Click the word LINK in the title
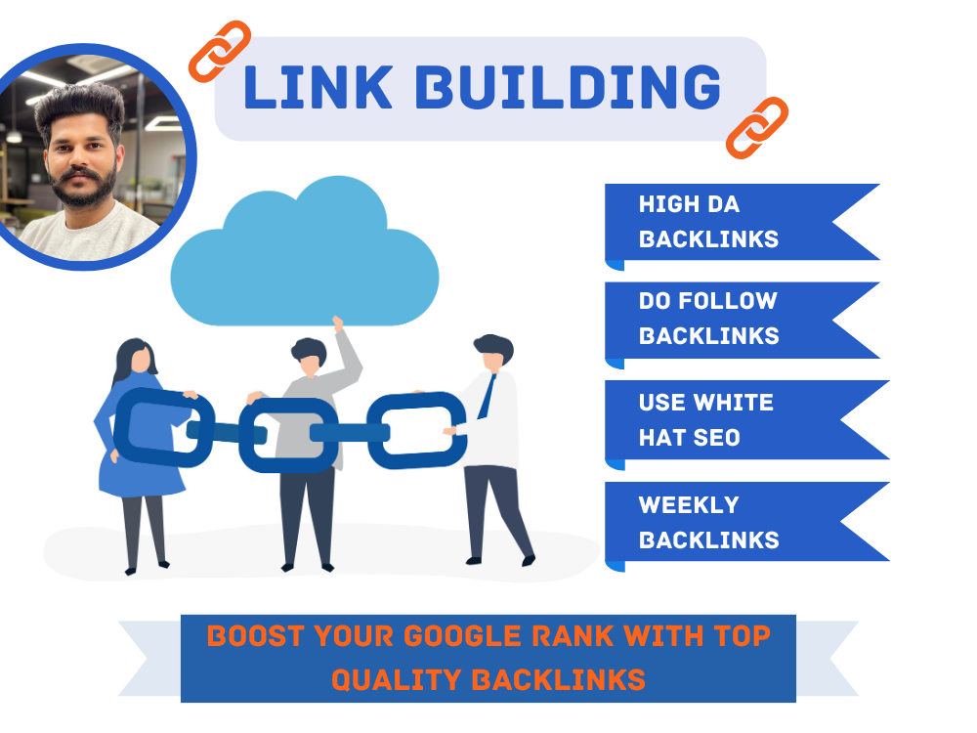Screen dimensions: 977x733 pyautogui.click(x=318, y=87)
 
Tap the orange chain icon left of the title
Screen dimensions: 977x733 pyautogui.click(x=219, y=51)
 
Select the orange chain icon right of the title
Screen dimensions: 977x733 pyautogui.click(x=757, y=128)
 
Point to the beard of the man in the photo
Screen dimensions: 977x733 pyautogui.click(x=83, y=187)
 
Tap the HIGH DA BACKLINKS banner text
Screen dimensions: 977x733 pyautogui.click(x=708, y=221)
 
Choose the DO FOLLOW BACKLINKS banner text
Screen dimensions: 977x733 pyautogui.click(x=708, y=318)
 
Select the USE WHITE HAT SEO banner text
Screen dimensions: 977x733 pyautogui.click(x=706, y=419)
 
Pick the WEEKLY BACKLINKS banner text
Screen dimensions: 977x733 pyautogui.click(x=708, y=522)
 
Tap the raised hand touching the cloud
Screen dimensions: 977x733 pyautogui.click(x=338, y=323)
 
